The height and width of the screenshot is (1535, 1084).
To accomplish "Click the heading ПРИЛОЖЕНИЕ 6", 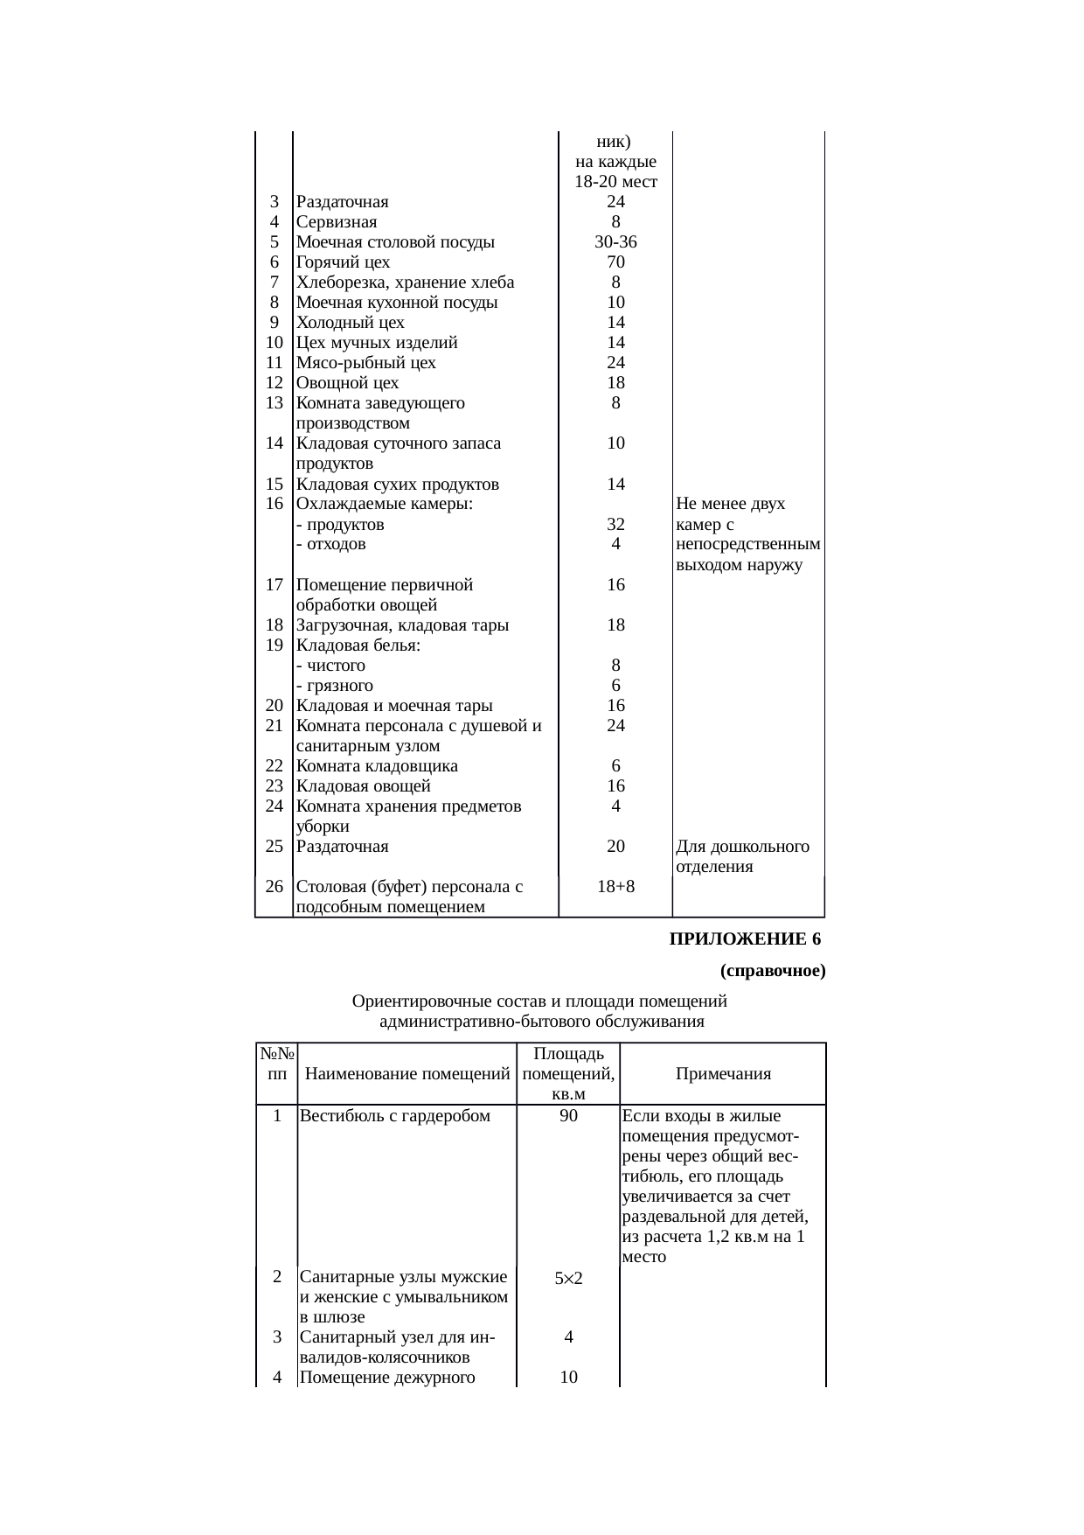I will [745, 939].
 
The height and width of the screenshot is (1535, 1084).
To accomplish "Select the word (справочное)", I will [773, 971].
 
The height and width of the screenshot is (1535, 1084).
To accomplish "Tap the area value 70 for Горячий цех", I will [615, 262].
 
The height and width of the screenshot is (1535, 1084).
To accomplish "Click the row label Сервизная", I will [337, 222].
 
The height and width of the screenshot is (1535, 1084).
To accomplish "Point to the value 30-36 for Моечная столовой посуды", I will [615, 242].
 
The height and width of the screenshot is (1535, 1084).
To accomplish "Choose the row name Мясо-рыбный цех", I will [365, 363].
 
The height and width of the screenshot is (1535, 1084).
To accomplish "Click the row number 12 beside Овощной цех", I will [274, 383].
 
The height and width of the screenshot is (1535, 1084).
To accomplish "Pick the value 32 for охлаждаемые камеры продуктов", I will [615, 525].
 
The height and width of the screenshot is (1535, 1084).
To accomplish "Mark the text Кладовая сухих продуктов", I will [398, 485].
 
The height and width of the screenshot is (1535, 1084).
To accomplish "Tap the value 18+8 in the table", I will [615, 887].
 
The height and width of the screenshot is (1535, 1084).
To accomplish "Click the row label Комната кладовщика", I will [377, 766].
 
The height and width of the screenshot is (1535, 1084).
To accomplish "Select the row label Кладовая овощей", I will [363, 786].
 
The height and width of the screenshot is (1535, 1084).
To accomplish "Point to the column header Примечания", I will [723, 1075].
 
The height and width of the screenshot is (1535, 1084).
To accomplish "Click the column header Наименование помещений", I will [406, 1075].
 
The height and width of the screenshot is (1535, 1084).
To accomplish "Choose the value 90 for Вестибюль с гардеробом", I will [568, 1116].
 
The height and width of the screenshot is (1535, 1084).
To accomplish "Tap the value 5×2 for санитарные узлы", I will [568, 1279].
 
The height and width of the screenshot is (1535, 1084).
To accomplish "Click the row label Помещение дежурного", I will [386, 1378].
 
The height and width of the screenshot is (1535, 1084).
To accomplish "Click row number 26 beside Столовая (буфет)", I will [274, 887].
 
